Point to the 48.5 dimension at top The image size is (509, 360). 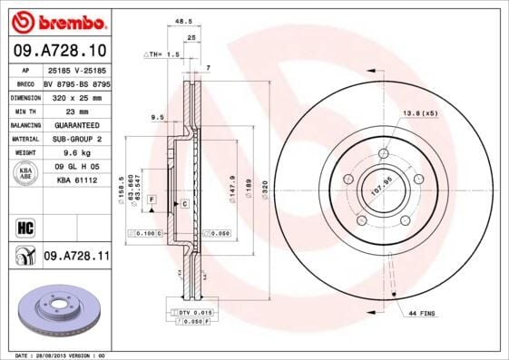click(x=183, y=23)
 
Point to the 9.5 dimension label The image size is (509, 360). click(x=157, y=117)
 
